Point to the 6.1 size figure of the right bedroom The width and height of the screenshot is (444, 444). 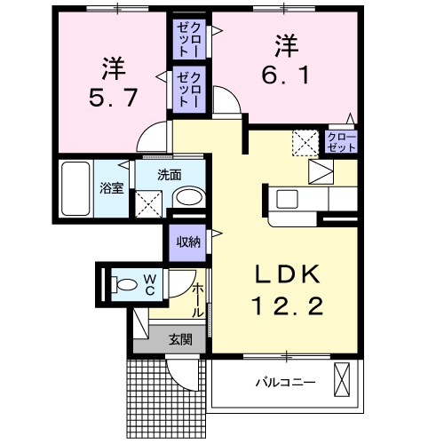point(285,73)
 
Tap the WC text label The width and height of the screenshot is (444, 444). point(150,284)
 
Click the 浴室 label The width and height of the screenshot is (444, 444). point(111,188)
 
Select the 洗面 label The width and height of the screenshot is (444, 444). point(170,175)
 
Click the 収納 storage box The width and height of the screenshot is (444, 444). point(186,241)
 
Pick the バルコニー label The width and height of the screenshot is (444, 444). point(285,383)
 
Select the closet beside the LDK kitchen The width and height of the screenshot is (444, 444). point(341,142)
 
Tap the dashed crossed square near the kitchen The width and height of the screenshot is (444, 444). point(305,141)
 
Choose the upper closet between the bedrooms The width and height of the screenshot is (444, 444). point(190,38)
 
